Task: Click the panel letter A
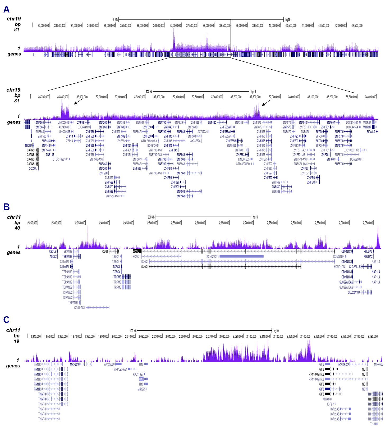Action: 6,10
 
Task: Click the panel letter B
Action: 6,207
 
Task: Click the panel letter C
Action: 6,320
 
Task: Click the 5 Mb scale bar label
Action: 115,20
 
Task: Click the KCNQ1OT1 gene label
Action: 212,256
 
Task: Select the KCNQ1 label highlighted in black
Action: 137,251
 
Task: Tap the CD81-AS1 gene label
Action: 79,308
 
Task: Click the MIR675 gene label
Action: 141,389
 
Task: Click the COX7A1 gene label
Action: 33,168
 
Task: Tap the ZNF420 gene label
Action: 212,123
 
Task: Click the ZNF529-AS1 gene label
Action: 112,196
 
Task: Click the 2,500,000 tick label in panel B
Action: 152,223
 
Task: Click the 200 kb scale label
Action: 151,217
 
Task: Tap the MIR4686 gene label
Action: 378,364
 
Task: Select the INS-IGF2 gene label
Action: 343,364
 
